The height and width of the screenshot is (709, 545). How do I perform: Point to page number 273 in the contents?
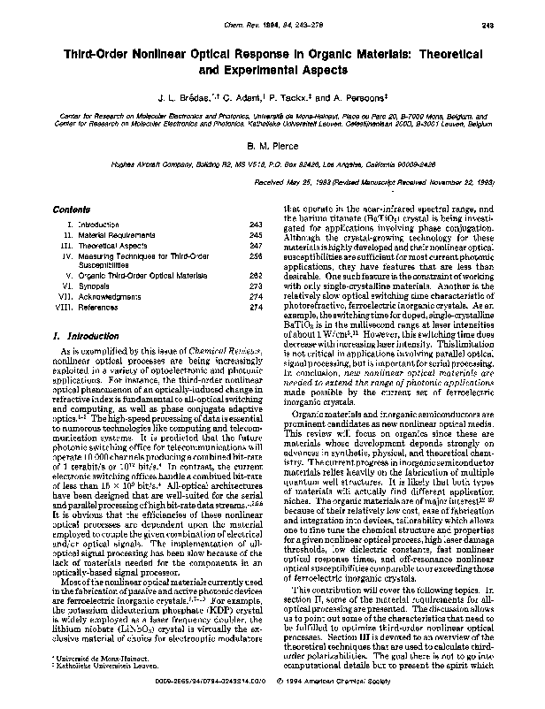[x=256, y=287]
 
